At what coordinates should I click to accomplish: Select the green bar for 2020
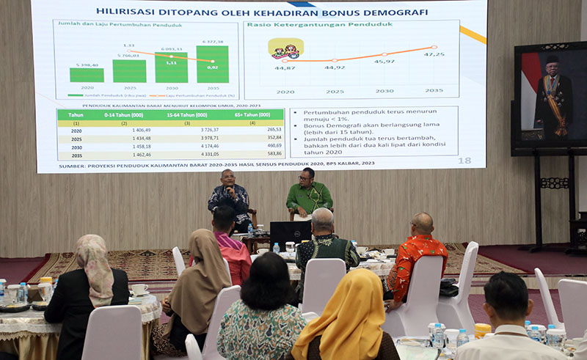pos(87,75)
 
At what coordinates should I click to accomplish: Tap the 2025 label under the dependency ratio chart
pos(335,91)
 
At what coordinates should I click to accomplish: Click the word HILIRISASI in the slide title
pos(127,12)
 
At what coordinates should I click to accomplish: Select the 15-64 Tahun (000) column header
pos(186,115)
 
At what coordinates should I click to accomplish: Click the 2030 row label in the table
pos(76,146)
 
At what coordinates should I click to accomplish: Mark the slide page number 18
pos(464,161)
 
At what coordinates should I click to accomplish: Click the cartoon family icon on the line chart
pos(286,50)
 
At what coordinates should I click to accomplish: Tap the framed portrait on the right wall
pos(550,95)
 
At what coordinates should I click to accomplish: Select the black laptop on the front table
pos(291,233)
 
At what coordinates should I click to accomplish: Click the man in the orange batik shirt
pos(416,262)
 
